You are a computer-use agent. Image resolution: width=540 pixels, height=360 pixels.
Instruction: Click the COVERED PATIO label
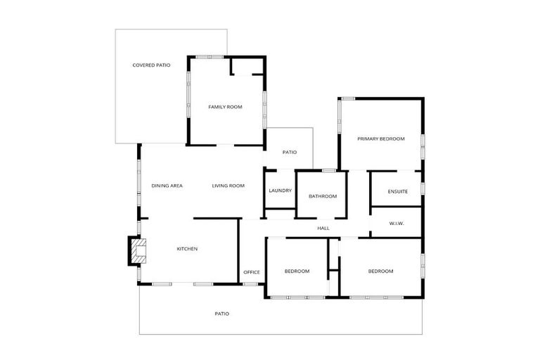[151, 65]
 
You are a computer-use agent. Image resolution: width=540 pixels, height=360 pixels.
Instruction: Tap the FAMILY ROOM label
[225, 107]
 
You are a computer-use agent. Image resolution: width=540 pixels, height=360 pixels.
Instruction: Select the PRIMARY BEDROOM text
[380, 139]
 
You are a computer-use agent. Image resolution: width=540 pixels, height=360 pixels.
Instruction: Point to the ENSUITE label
[398, 191]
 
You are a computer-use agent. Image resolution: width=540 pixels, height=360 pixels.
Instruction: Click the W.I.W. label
[396, 224]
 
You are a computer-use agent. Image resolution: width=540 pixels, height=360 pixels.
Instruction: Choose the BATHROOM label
[323, 196]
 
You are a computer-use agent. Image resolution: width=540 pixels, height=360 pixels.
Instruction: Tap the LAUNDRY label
[280, 191]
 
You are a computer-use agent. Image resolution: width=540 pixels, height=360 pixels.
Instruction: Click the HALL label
[323, 228]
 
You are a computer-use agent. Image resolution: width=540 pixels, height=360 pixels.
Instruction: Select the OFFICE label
[252, 272]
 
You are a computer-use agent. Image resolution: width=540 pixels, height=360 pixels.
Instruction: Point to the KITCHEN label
[187, 249]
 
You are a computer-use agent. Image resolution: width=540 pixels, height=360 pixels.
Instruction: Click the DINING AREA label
[167, 186]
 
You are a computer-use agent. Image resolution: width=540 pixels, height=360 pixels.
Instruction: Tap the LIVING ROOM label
[229, 186]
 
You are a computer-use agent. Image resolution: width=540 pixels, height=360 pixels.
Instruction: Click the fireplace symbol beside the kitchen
[139, 251]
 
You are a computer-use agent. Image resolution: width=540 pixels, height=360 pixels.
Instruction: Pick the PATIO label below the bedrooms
[222, 314]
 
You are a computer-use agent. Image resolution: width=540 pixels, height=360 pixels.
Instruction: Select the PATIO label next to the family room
[290, 152]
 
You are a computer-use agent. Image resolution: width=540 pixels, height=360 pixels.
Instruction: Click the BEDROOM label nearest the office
[297, 271]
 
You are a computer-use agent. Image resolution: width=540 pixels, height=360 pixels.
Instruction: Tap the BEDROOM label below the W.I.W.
[380, 271]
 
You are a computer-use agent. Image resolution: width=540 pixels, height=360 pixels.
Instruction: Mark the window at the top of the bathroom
[328, 171]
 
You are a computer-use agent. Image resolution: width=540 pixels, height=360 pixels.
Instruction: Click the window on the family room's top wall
[210, 56]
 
